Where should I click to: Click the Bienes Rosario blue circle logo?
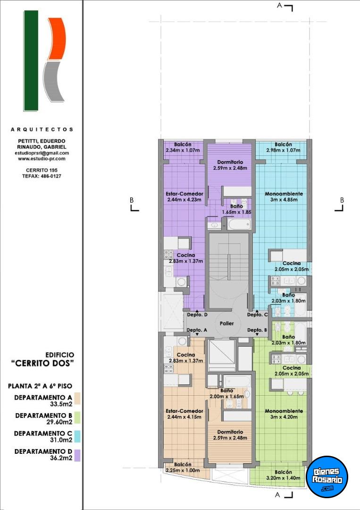[327, 476]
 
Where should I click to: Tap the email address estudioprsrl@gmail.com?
[43, 153]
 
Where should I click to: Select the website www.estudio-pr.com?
[42, 159]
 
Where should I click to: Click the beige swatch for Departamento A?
[77, 399]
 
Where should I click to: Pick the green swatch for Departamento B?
[77, 417]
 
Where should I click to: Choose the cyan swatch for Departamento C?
[77, 436]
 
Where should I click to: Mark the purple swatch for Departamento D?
[77, 455]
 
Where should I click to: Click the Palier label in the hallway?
[226, 323]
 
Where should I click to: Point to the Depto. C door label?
[257, 314]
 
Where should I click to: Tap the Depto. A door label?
[197, 330]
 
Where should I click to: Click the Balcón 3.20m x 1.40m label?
[283, 475]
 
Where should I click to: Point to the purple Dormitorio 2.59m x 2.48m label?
[230, 165]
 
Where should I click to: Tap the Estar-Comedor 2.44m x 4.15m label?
[184, 414]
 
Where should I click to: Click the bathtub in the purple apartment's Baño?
[239, 224]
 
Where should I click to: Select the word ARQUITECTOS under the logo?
[42, 129]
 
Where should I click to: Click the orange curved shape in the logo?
[57, 38]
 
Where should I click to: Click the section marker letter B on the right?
[342, 200]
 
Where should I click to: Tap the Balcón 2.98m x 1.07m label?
[283, 147]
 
